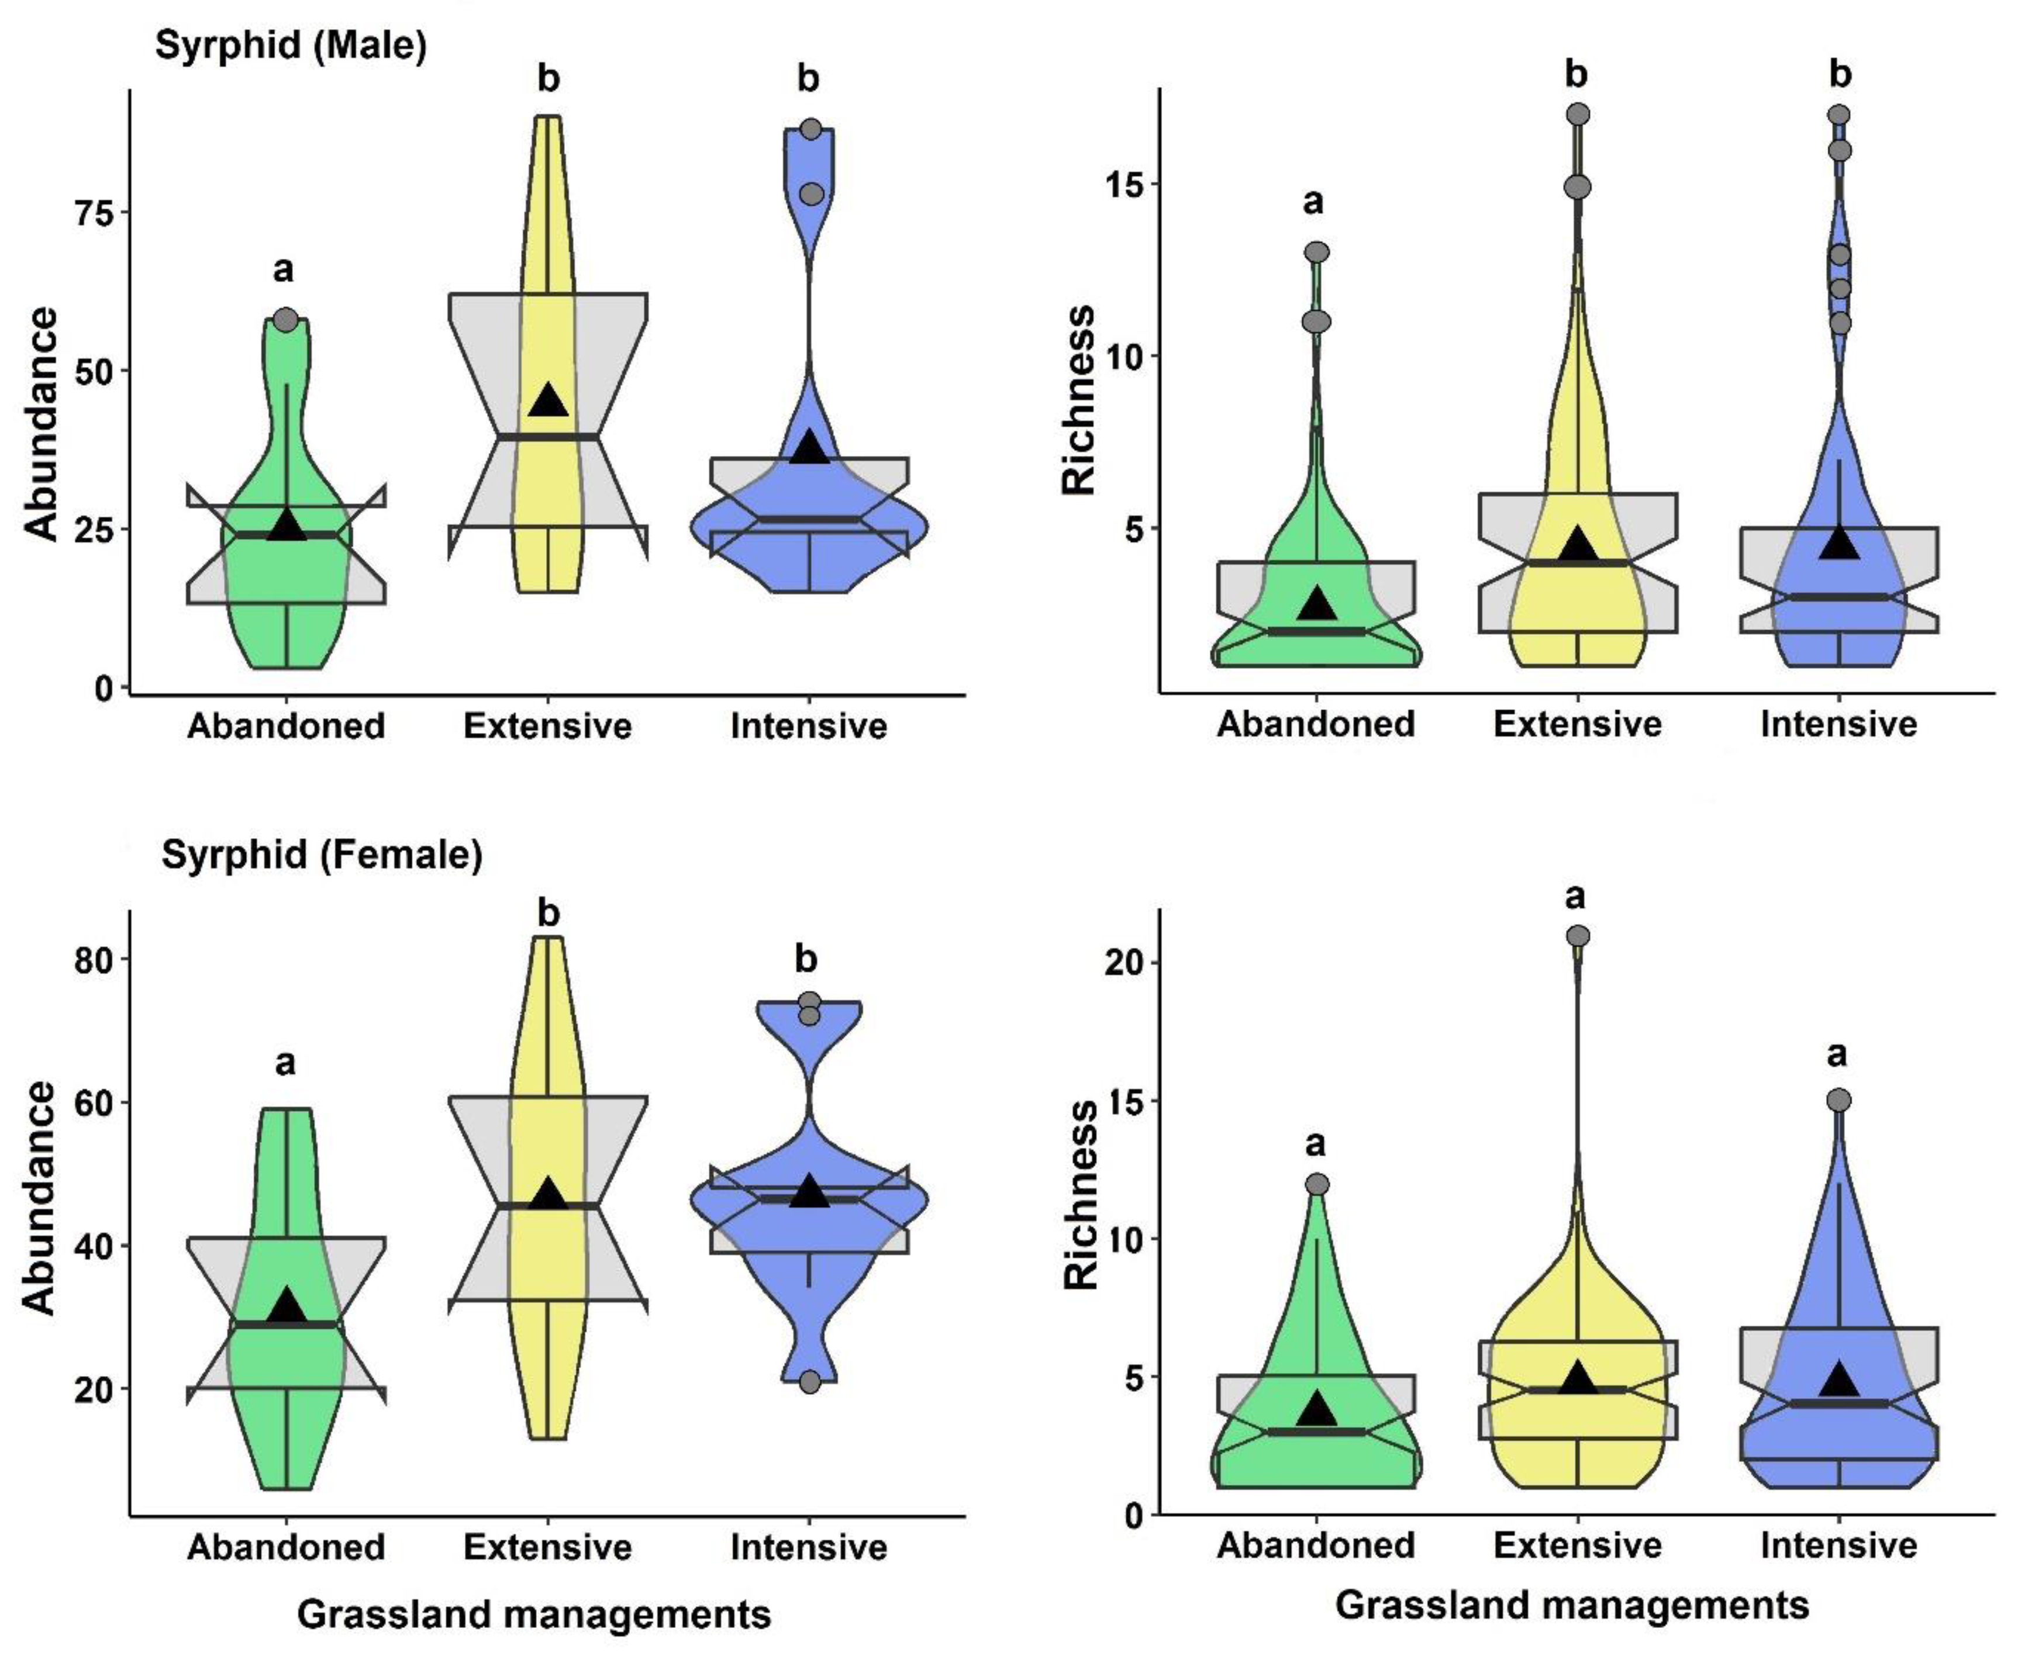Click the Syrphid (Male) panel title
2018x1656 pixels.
(x=291, y=46)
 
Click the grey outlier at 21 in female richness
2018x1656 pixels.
(x=1578, y=936)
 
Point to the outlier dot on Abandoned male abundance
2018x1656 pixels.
(x=285, y=320)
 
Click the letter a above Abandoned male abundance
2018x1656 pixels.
(x=284, y=270)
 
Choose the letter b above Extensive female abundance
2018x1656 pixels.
(x=548, y=914)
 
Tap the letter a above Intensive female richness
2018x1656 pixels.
(x=1837, y=1055)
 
